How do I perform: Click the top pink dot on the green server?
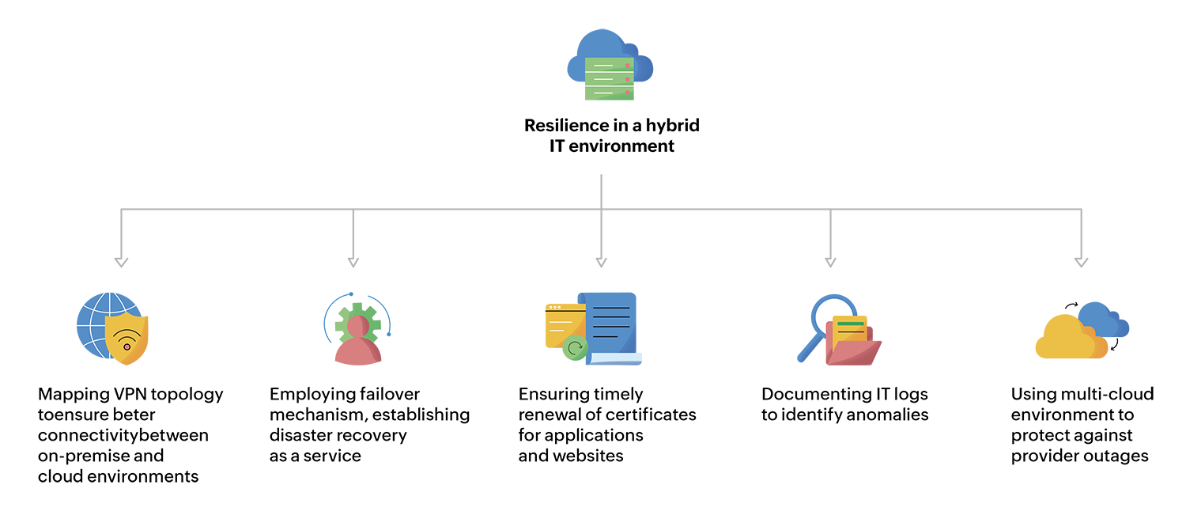(628, 66)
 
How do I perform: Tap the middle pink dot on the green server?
(628, 79)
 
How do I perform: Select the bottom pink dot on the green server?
(628, 93)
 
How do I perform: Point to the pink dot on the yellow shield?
(127, 347)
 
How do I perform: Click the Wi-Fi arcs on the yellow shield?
(127, 339)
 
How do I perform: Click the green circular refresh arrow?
(575, 346)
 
